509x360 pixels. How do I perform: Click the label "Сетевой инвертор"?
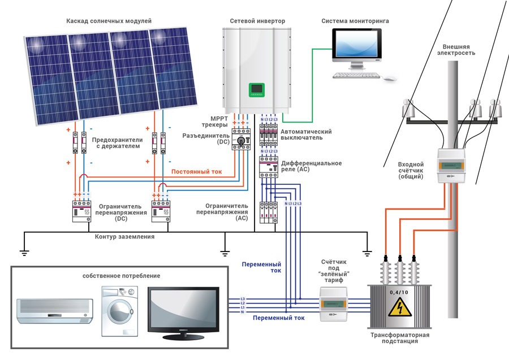[257, 21]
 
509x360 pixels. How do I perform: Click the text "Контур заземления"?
[125, 237]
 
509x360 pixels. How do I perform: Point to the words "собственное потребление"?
[121, 276]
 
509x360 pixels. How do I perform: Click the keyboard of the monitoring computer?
[355, 75]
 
